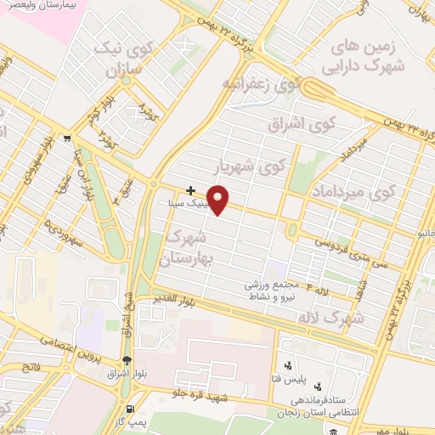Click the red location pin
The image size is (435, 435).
(219, 200)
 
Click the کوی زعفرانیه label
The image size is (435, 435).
(263, 83)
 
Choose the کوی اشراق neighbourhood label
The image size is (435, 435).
(303, 124)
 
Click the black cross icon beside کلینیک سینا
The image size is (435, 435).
(191, 190)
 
